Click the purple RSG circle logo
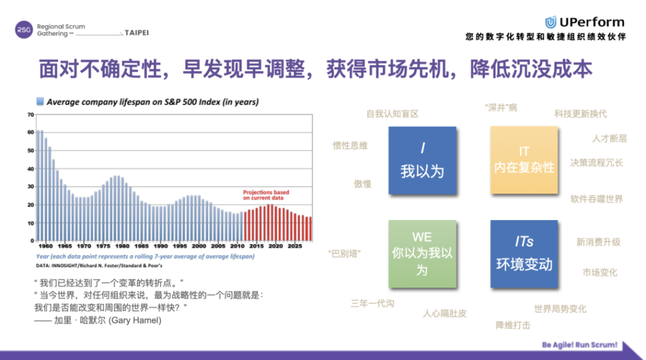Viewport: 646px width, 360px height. click(24, 30)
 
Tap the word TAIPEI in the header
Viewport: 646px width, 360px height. click(137, 33)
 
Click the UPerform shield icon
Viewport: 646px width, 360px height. click(550, 22)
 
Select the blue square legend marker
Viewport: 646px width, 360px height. click(40, 102)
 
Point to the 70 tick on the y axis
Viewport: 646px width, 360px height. click(30, 115)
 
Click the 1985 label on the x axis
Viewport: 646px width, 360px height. click(141, 246)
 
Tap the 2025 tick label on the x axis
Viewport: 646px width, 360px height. click(295, 246)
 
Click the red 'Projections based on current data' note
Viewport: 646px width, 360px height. click(266, 195)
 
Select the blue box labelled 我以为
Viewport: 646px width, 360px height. click(422, 161)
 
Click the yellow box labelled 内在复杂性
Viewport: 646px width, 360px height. click(524, 160)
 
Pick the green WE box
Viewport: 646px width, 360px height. click(422, 254)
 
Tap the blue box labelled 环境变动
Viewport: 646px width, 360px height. click(524, 254)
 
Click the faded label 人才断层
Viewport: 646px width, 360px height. click(609, 139)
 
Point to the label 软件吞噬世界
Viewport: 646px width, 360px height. click(597, 199)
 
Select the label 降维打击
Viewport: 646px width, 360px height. click(513, 325)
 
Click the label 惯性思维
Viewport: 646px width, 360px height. click(350, 146)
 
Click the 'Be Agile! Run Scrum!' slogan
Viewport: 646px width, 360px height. click(580, 345)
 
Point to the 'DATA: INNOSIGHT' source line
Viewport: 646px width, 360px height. click(99, 265)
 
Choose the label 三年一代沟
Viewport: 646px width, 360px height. click(372, 303)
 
